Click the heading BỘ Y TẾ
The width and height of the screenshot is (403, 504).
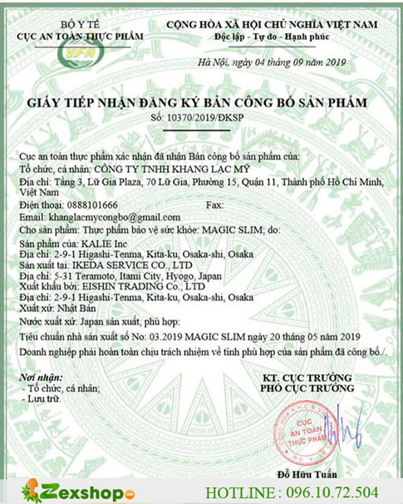point(68,11)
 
